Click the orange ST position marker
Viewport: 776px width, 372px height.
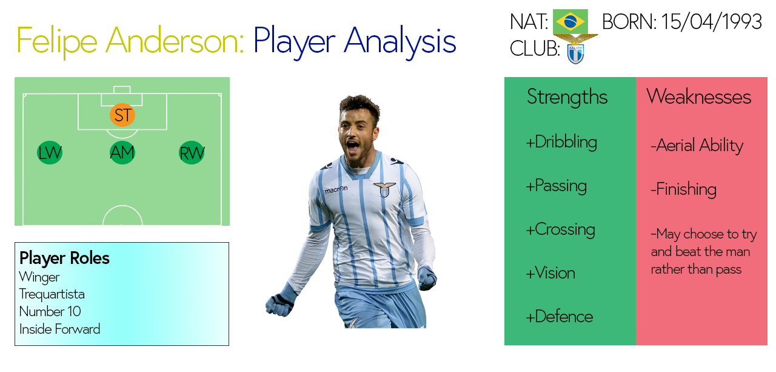tap(122, 115)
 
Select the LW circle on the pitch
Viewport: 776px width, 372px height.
tap(50, 153)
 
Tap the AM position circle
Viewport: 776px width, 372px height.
tap(122, 153)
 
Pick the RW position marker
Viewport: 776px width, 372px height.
tap(192, 153)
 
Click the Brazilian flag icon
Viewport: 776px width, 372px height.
tap(570, 22)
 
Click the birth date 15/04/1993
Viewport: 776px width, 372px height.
tap(712, 22)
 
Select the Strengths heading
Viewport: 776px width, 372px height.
tap(567, 97)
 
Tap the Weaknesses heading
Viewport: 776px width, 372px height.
tap(698, 97)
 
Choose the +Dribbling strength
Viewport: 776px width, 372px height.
tap(561, 142)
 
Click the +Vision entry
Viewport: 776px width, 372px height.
tap(550, 273)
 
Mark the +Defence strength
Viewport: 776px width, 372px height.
tap(559, 317)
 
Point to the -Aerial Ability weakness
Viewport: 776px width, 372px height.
tap(697, 146)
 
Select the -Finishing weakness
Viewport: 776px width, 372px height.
tap(683, 189)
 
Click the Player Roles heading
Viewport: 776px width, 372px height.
tap(64, 258)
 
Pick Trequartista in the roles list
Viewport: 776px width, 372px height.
tap(52, 294)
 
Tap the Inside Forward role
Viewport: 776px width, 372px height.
tap(59, 329)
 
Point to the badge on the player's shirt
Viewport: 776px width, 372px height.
tap(384, 189)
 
